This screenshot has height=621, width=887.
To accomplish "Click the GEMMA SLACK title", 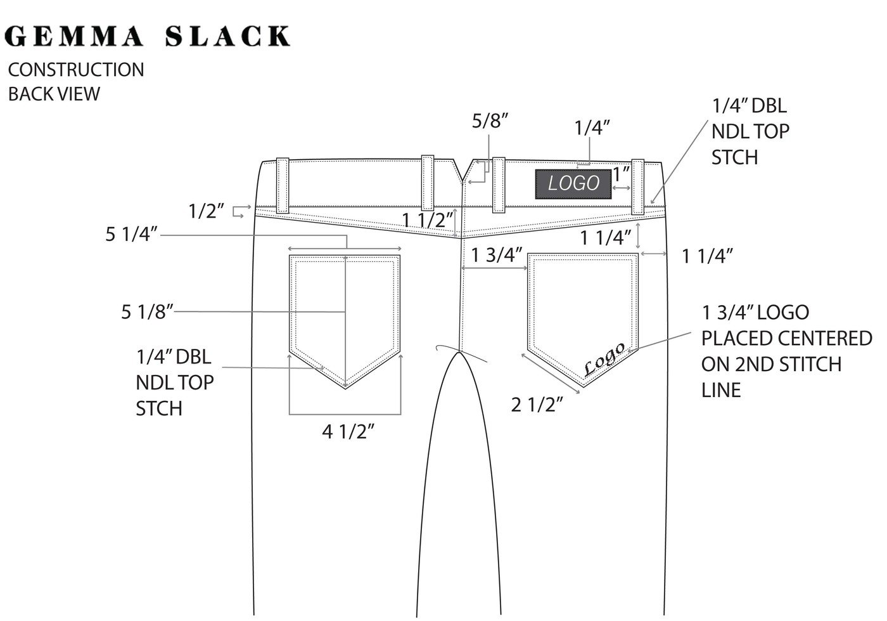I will tap(147, 36).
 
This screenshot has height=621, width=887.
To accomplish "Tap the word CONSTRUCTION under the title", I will tap(75, 70).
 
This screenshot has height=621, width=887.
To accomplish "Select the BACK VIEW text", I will tap(54, 94).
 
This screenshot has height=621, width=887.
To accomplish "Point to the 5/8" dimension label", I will tap(490, 121).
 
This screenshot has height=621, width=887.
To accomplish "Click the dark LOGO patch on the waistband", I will tap(573, 184).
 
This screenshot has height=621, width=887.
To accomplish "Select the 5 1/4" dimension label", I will tap(131, 235).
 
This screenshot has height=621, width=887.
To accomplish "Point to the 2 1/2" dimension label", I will tap(537, 404).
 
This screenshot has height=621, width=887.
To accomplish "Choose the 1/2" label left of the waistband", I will tap(207, 211).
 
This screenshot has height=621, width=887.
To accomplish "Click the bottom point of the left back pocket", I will tap(345, 387).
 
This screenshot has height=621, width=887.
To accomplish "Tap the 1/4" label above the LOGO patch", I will tap(592, 127).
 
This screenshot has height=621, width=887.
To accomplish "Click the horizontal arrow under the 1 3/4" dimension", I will tap(495, 268).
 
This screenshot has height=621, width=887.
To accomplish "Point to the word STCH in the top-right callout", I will tap(734, 157).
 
